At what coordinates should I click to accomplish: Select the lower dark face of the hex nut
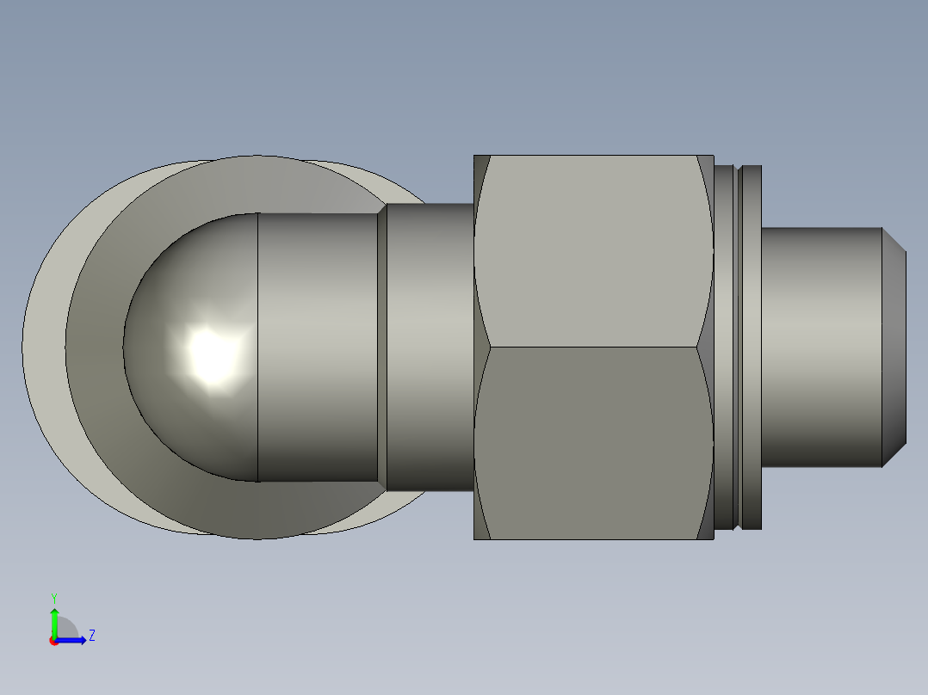click(594, 443)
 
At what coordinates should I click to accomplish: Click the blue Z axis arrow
click(73, 639)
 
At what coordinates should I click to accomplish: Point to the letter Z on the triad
click(91, 636)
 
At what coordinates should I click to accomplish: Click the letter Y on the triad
click(54, 597)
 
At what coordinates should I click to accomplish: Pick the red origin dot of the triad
click(53, 641)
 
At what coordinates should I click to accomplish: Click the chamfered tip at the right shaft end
click(894, 347)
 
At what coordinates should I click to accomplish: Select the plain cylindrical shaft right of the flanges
click(822, 347)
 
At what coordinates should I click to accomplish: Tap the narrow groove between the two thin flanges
click(738, 347)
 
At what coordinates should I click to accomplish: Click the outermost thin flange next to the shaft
click(752, 347)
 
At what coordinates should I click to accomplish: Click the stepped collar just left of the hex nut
click(430, 347)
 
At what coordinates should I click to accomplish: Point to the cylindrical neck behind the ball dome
click(319, 347)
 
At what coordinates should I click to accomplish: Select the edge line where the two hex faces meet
click(594, 347)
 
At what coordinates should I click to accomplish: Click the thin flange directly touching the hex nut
click(726, 347)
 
